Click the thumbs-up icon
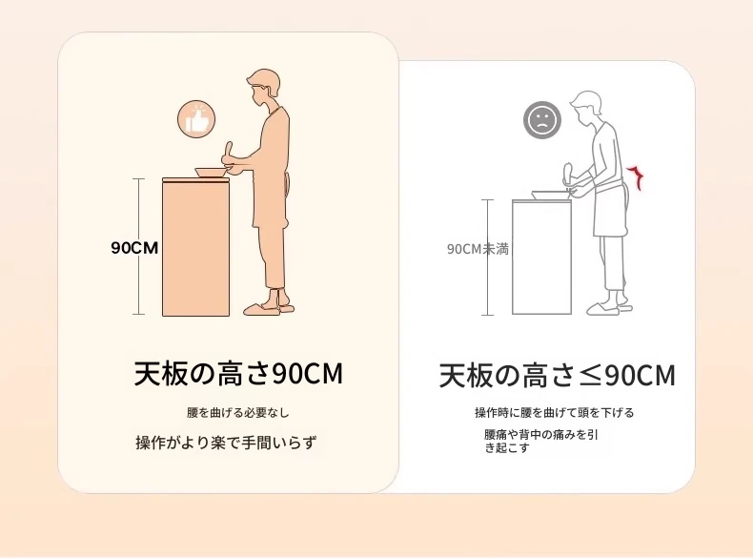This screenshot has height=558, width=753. (196, 119)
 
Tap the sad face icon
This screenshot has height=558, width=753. (542, 119)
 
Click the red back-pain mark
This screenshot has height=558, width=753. (637, 177)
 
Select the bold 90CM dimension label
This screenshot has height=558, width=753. (134, 247)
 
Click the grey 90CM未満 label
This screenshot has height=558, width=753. (478, 249)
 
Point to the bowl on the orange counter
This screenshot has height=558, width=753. (212, 173)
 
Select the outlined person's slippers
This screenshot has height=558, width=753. (608, 307)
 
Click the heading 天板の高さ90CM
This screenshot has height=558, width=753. (238, 374)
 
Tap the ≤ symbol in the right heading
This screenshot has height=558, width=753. (590, 377)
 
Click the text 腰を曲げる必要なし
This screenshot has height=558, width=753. (238, 412)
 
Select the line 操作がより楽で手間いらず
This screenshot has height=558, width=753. (226, 443)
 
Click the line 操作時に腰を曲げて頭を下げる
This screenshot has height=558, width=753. (555, 412)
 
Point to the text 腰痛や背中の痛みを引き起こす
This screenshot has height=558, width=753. (541, 442)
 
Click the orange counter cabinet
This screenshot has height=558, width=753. (196, 247)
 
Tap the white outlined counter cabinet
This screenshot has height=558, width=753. (542, 258)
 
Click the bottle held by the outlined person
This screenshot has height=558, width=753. (568, 174)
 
